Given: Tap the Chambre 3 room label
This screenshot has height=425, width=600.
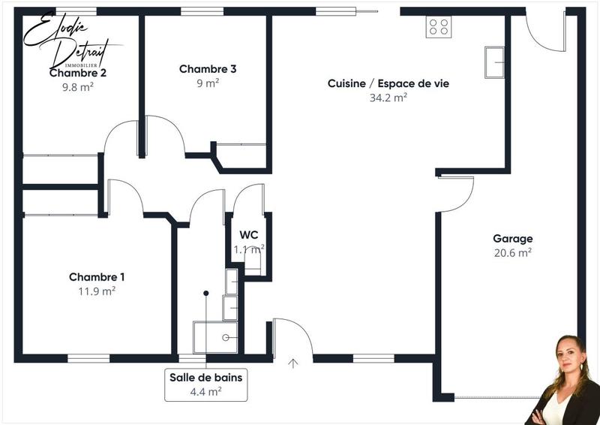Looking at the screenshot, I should click(x=208, y=69).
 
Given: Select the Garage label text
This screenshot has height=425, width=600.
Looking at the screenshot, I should click(x=512, y=239).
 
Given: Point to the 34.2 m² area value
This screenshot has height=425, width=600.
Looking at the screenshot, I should click(x=388, y=98).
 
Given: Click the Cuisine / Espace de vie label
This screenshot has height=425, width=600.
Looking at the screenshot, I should click(x=388, y=83).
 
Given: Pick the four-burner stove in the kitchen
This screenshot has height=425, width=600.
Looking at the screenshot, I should click(x=438, y=27).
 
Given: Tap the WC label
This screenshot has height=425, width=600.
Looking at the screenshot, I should click(x=249, y=234).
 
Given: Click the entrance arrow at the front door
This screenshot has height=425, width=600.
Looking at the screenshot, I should click(x=292, y=363).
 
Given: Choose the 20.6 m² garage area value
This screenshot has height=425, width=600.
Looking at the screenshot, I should click(x=512, y=253).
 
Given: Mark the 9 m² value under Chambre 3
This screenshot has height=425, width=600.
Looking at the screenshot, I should click(x=208, y=83).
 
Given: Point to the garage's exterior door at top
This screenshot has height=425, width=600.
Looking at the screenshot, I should click(x=545, y=32).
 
